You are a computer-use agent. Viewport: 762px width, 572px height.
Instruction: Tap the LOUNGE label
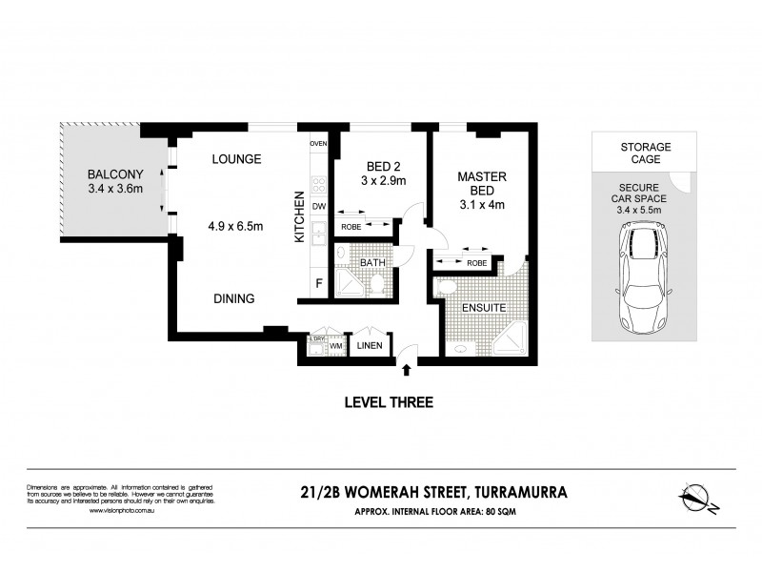(x=237, y=159)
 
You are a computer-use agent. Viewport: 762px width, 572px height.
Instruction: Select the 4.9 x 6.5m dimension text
(x=237, y=226)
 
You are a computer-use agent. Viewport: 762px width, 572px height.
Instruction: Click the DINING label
(x=233, y=298)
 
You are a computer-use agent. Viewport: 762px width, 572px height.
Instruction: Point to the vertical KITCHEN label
(x=298, y=216)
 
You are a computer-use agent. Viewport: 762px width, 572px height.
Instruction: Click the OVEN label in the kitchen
(x=318, y=144)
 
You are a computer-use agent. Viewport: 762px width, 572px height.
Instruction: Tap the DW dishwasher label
(x=319, y=206)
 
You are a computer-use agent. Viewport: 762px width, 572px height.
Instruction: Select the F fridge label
(x=319, y=283)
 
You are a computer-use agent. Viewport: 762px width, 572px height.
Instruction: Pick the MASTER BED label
(x=481, y=184)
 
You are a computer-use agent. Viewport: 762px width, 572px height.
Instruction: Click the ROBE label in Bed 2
(x=350, y=228)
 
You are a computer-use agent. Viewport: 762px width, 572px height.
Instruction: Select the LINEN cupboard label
(x=369, y=347)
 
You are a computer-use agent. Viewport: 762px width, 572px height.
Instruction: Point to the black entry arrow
(x=409, y=370)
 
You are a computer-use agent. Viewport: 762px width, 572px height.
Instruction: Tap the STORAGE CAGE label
(x=646, y=153)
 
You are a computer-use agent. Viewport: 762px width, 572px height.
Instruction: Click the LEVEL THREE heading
(x=388, y=402)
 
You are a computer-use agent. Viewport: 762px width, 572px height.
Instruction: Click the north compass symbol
(x=698, y=499)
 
